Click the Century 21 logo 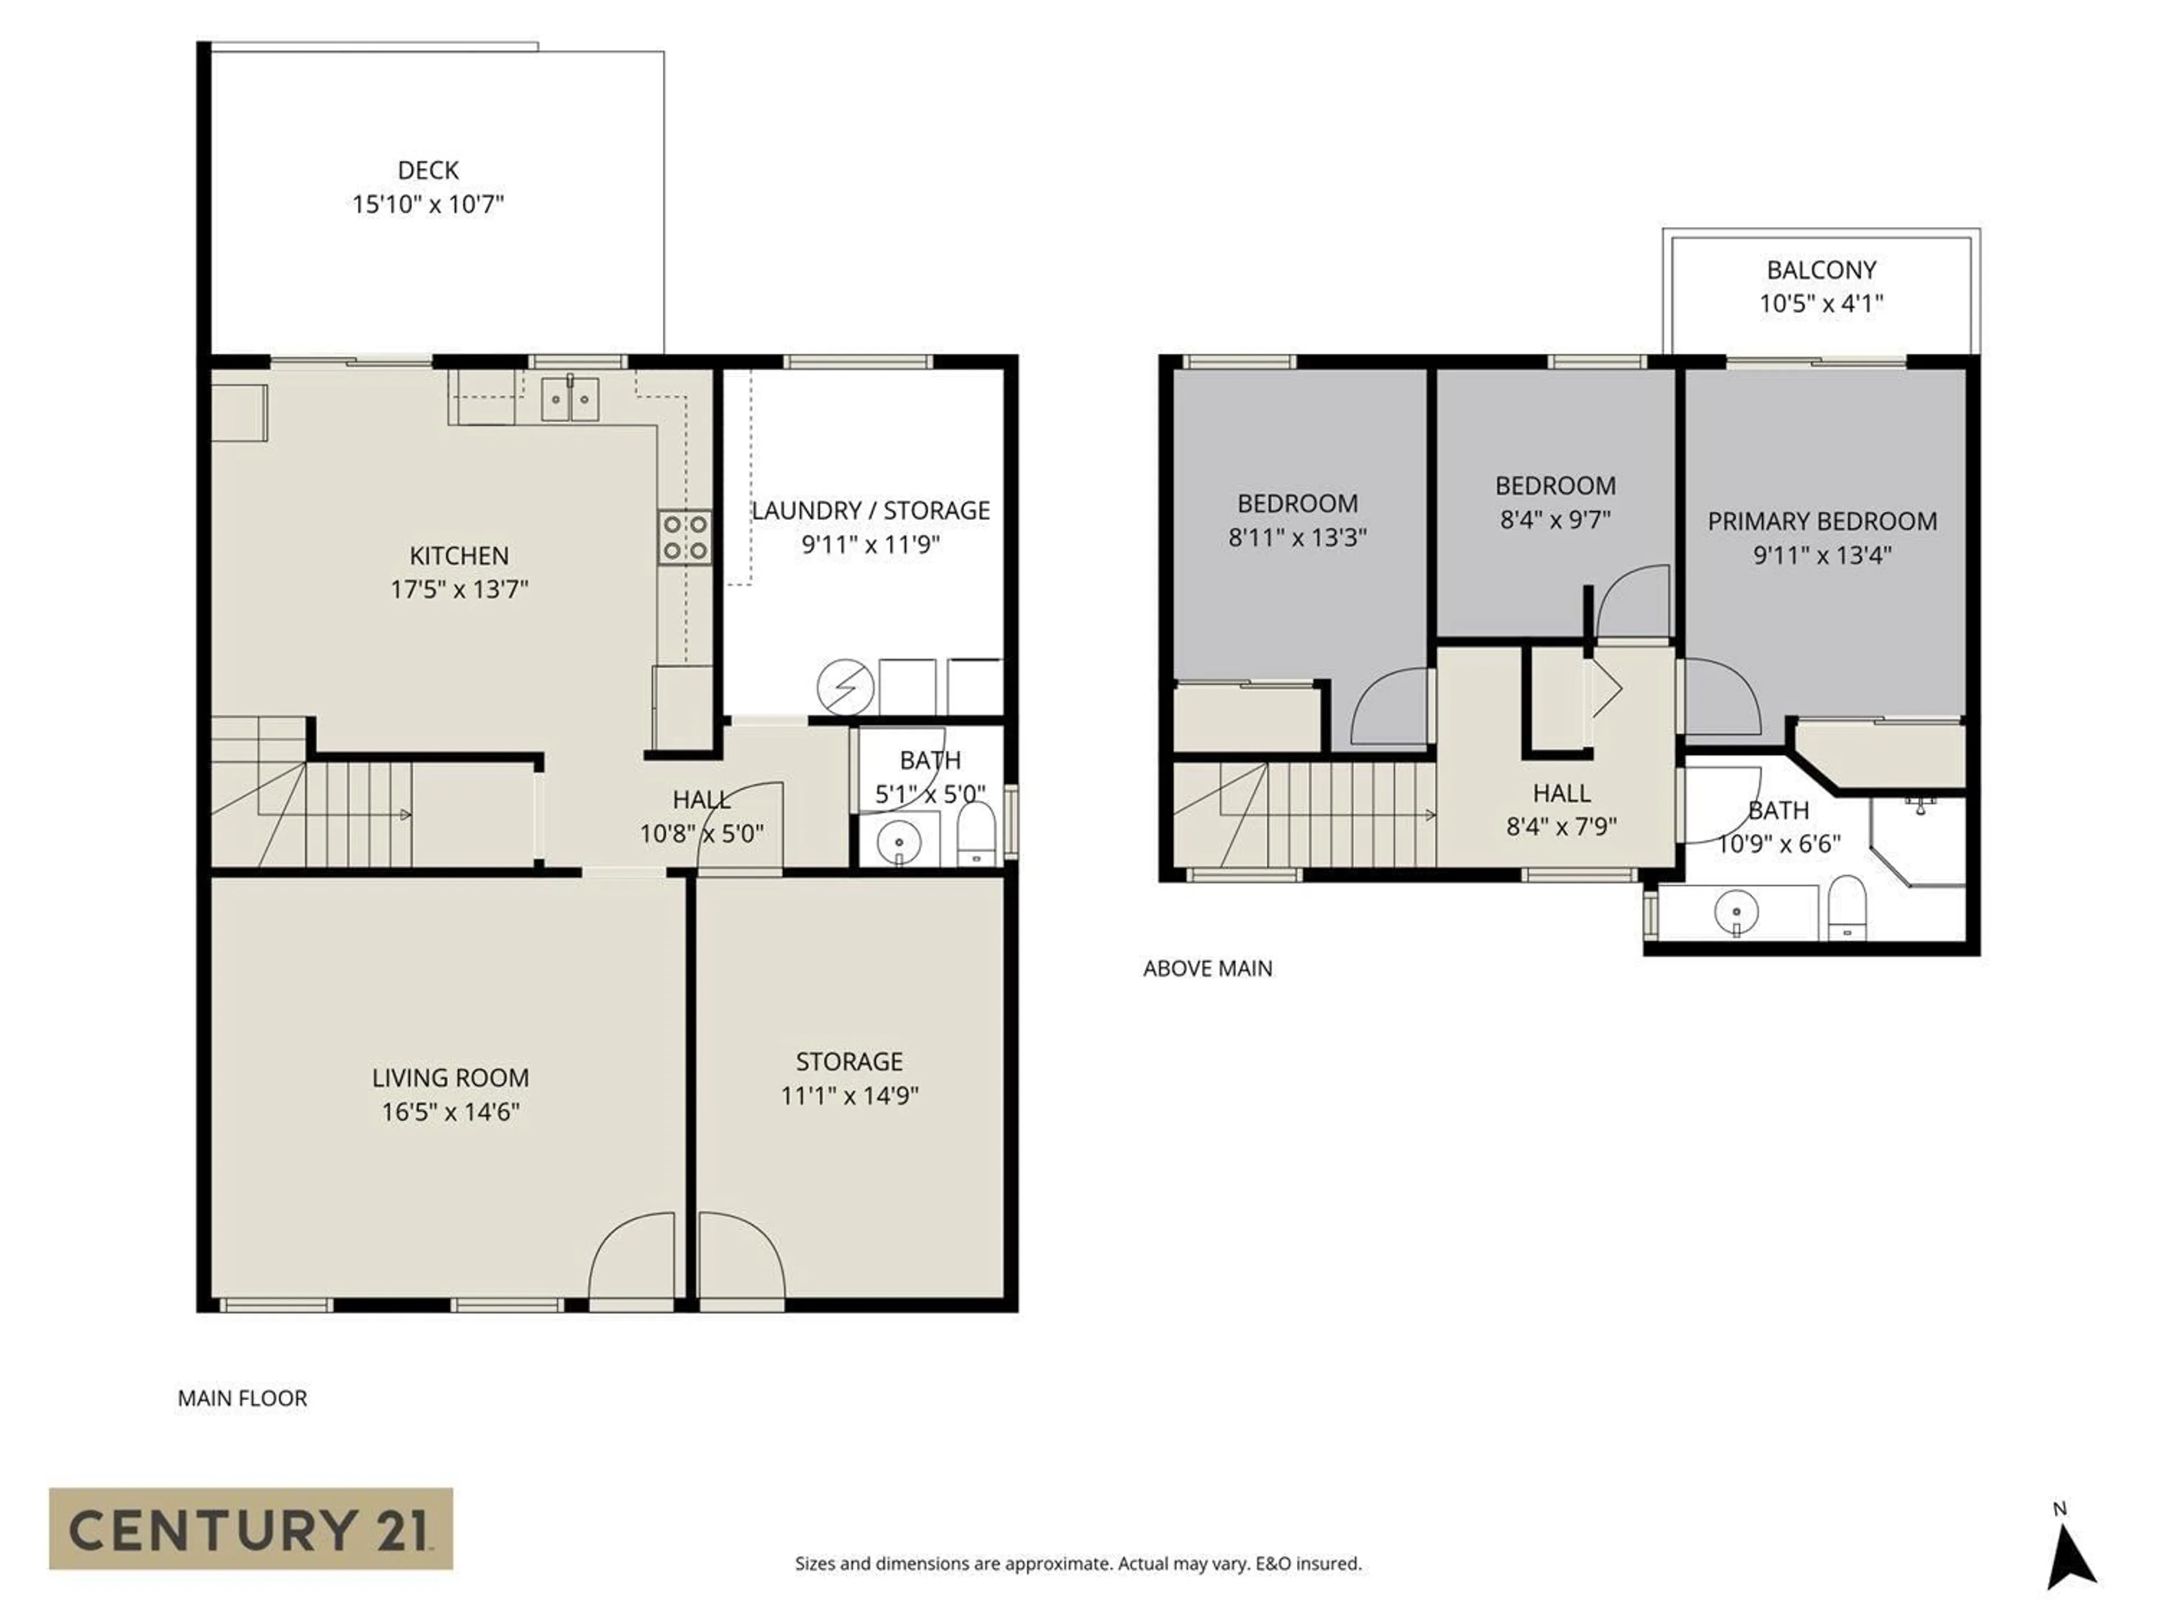tap(251, 1528)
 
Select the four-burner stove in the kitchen tap(685, 538)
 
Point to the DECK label tap(428, 171)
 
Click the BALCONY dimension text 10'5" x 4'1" tap(1821, 303)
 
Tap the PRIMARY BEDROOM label tap(1822, 522)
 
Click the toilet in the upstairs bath tap(1846, 907)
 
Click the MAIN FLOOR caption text tap(242, 1398)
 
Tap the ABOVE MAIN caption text tap(1207, 969)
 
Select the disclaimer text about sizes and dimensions tap(1077, 1564)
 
